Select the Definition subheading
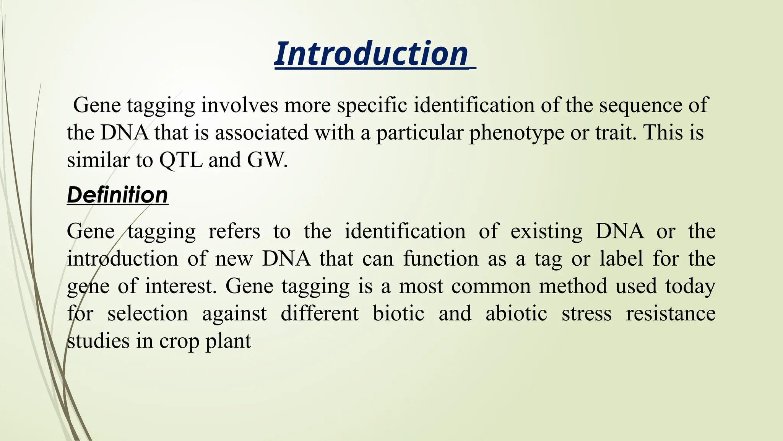pos(117,195)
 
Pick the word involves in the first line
pos(240,105)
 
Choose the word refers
pos(234,231)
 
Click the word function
pos(441,258)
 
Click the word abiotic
pos(516,314)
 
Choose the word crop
pos(179,341)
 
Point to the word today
pos(690,287)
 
